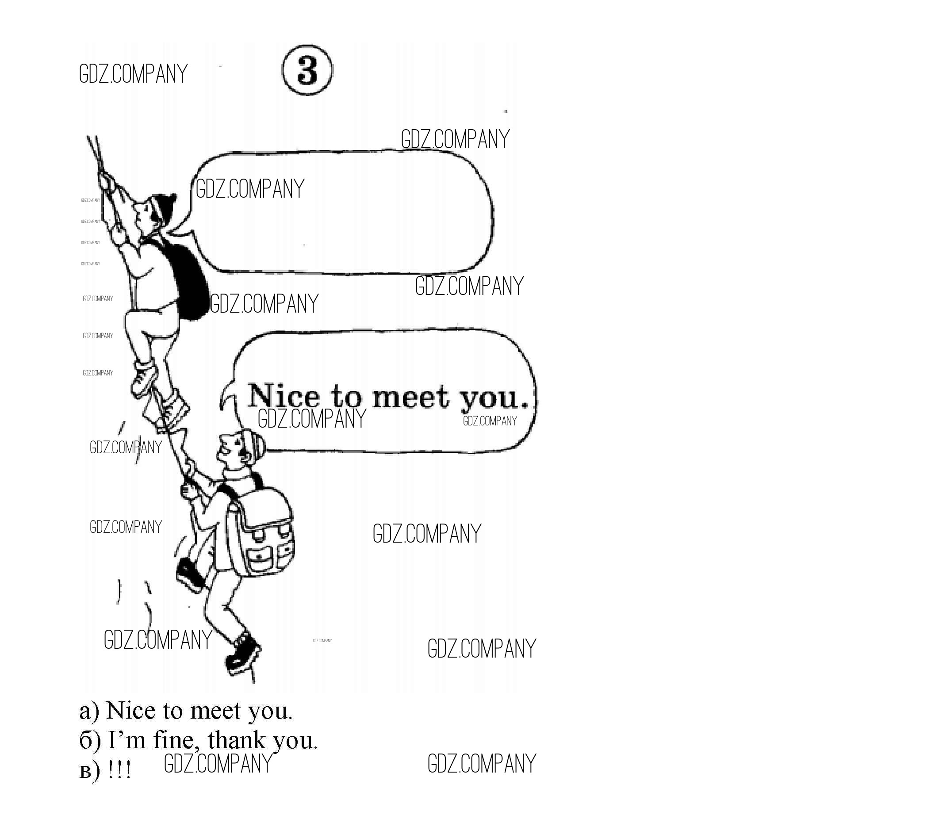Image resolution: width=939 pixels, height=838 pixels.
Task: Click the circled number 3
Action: coord(307,70)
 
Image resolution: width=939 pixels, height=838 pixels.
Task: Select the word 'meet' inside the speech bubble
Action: coord(410,397)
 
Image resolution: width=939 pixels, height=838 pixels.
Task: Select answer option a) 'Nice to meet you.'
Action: coord(186,711)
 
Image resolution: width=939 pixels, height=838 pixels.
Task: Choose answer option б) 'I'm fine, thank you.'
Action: coord(198,740)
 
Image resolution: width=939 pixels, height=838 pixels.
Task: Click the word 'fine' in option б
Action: coord(179,740)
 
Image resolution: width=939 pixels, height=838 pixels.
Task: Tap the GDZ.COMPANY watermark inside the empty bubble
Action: coord(250,189)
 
